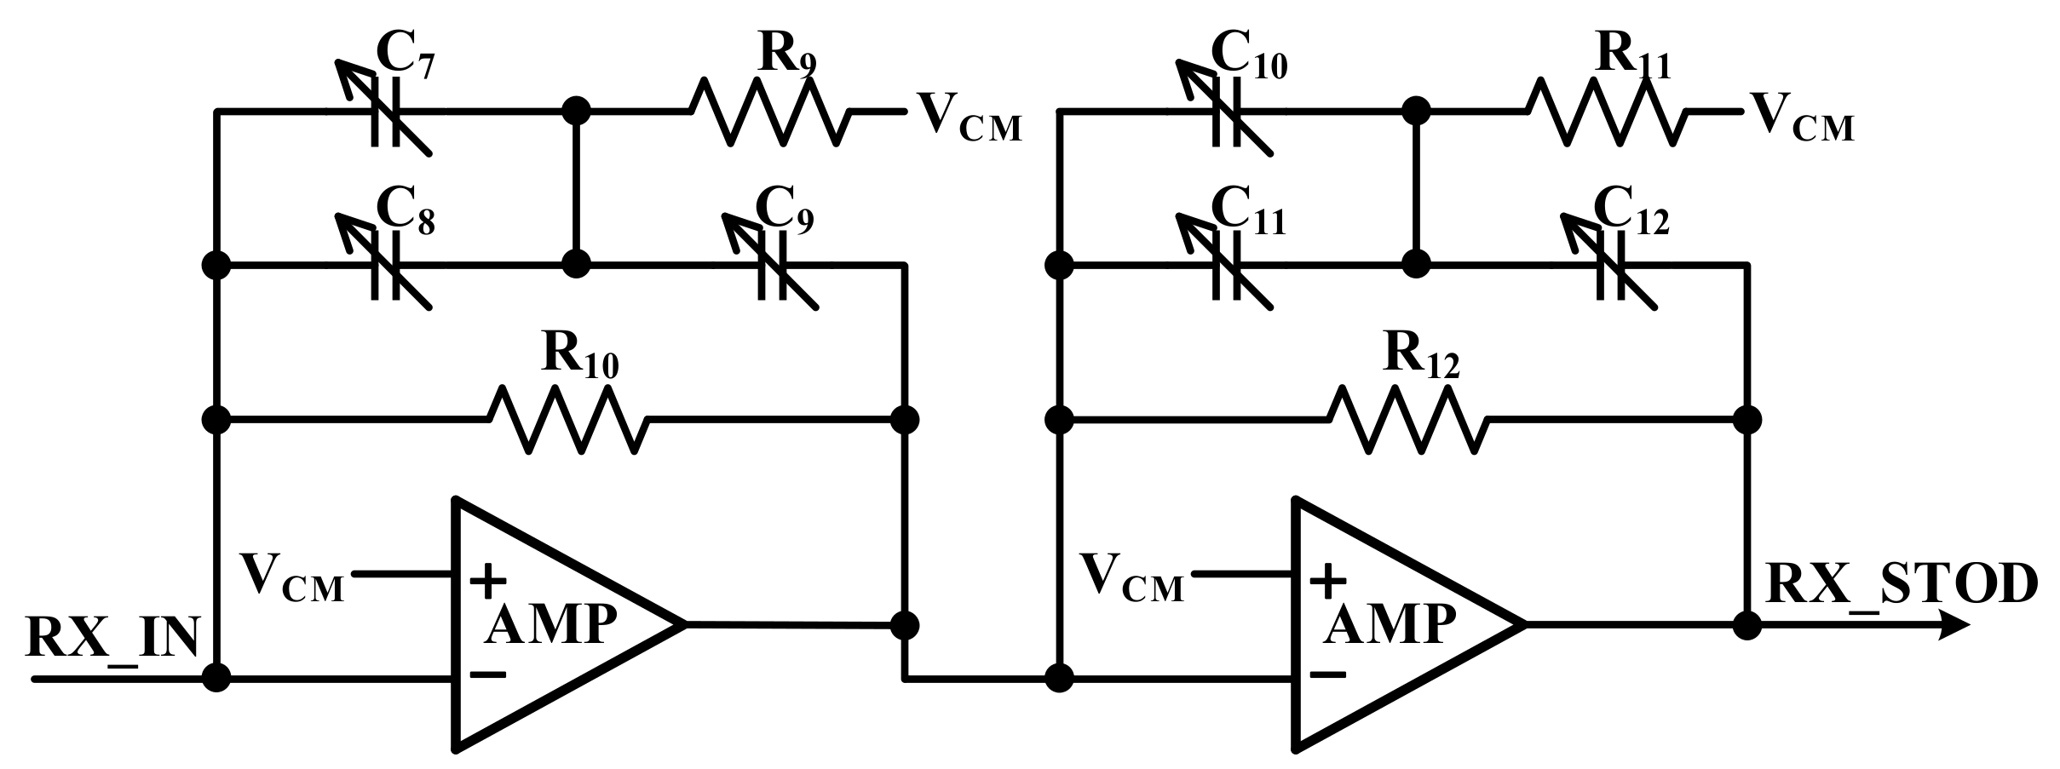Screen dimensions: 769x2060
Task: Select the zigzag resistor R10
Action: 568,419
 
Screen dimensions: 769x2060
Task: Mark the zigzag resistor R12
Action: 1408,419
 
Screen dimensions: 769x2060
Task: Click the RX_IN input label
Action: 112,637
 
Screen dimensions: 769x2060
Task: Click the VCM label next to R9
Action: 968,119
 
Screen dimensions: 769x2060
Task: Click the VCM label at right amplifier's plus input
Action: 1131,578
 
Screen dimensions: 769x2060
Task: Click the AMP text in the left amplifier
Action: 550,626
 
